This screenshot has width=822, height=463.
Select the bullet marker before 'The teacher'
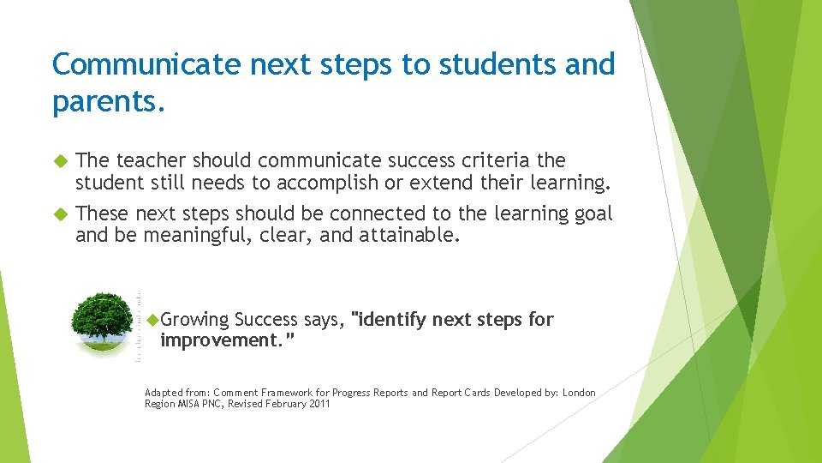pos(60,160)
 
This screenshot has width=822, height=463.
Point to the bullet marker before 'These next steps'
pos(60,213)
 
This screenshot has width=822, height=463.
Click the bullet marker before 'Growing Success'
pos(153,320)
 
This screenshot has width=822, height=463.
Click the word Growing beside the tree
pos(194,321)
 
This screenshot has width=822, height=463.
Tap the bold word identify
pos(392,320)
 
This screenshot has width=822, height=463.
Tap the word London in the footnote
pos(579,393)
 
